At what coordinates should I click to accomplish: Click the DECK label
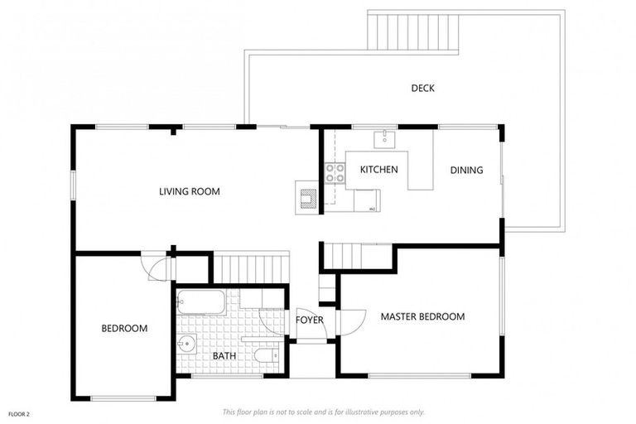(422, 89)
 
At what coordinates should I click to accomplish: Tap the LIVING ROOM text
(190, 191)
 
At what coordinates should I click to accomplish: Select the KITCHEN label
(378, 170)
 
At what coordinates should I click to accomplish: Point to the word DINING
(466, 171)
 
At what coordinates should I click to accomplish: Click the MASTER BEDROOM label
(422, 316)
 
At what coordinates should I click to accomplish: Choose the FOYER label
(309, 320)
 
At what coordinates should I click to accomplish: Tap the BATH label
(224, 356)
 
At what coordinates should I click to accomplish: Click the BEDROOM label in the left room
(124, 329)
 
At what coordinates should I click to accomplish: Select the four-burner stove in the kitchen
(335, 173)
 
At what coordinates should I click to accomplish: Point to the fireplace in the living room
(307, 197)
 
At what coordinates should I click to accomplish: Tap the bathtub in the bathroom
(201, 302)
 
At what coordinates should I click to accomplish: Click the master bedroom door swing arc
(352, 321)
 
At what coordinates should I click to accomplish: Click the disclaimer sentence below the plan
(323, 412)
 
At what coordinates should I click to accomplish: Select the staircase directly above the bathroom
(251, 268)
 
